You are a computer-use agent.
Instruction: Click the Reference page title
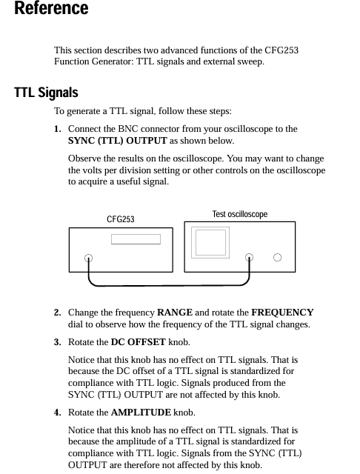[51, 7]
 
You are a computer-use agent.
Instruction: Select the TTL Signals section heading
[46, 92]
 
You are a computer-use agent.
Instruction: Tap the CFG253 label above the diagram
[120, 219]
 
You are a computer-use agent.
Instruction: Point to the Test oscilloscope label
[240, 214]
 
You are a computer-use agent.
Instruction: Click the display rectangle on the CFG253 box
[136, 239]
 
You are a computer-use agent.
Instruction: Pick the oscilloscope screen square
[210, 242]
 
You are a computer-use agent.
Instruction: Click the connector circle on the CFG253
[88, 258]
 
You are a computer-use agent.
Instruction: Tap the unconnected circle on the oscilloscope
[277, 257]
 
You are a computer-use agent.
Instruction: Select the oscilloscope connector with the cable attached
[249, 257]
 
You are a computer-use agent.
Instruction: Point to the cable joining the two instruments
[169, 285]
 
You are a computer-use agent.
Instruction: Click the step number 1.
[58, 129]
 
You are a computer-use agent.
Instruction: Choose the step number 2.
[58, 313]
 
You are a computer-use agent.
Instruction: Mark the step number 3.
[58, 342]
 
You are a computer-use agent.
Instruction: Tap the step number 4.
[58, 413]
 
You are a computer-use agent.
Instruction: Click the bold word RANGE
[175, 313]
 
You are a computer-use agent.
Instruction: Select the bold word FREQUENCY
[283, 313]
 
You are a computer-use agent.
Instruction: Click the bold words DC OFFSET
[138, 342]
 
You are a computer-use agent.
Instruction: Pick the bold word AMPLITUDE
[141, 413]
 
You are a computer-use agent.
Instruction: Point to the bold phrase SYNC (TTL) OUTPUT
[118, 141]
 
